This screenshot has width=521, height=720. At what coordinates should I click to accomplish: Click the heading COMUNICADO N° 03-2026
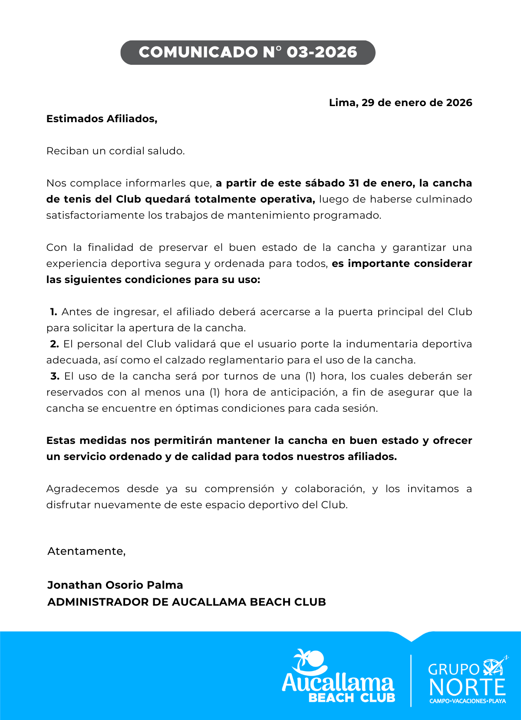[248, 53]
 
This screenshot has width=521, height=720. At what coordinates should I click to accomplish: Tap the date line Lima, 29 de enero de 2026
[400, 103]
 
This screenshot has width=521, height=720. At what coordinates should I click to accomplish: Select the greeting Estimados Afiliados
[102, 119]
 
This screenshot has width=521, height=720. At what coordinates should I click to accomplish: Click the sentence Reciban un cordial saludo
[115, 151]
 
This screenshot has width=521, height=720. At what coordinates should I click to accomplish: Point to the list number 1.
[53, 312]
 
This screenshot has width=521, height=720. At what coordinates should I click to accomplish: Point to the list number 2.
[54, 344]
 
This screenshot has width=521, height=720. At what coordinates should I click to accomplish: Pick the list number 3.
[55, 376]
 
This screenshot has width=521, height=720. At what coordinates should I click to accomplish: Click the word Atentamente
[86, 551]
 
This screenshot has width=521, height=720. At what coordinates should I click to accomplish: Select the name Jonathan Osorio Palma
[115, 585]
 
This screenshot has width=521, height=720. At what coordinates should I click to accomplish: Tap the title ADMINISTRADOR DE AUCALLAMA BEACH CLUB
[187, 602]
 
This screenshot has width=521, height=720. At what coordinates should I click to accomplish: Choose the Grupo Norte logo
[467, 680]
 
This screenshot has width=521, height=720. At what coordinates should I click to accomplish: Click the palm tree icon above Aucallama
[309, 661]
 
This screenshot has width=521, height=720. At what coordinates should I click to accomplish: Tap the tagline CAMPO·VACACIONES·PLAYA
[468, 701]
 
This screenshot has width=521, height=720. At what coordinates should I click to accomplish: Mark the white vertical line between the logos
[411, 680]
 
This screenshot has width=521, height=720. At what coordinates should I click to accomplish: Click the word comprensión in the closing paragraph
[239, 489]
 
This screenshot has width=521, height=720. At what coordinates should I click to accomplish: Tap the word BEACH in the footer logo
[331, 698]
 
